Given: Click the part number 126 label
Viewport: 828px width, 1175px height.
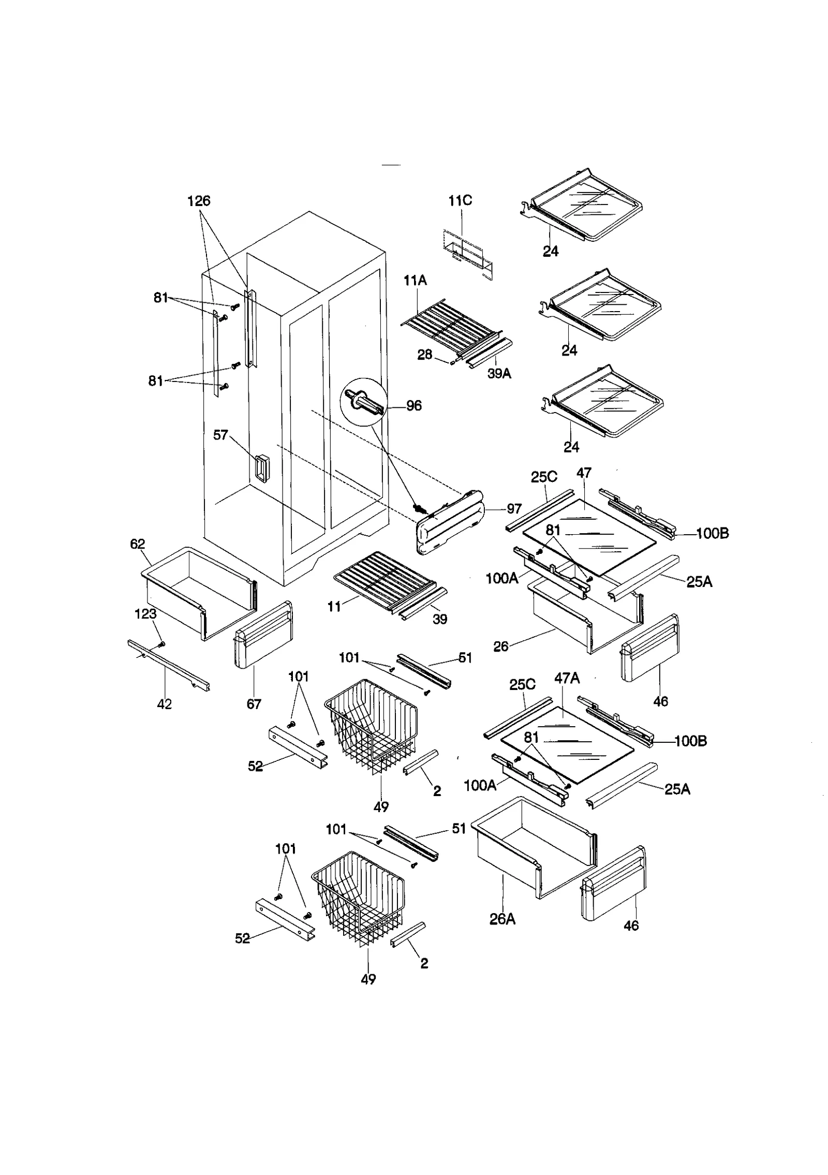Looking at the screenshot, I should [x=199, y=201].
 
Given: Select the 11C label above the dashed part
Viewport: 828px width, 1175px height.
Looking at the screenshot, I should [x=460, y=201].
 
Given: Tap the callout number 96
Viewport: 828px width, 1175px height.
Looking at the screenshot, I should [x=413, y=406].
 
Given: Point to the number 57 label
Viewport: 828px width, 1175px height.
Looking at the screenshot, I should [x=221, y=435].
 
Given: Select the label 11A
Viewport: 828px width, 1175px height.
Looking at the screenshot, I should [x=415, y=281].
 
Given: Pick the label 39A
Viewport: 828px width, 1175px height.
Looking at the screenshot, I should [x=499, y=374].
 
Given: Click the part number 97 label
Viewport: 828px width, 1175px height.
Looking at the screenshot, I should [x=514, y=509].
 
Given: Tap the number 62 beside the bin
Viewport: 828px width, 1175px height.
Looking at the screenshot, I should [x=138, y=544].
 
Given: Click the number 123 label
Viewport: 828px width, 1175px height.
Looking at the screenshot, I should [x=145, y=614].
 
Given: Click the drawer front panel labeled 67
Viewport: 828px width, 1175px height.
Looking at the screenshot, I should [x=264, y=636].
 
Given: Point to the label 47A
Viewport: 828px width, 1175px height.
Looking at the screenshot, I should [x=567, y=679].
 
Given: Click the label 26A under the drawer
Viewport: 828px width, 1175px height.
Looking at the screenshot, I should [x=502, y=919].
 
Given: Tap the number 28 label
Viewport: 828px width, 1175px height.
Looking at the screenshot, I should [x=425, y=356].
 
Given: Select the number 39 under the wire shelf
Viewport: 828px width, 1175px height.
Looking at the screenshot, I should [x=440, y=619].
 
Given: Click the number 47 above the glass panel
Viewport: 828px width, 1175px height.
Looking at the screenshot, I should [x=584, y=473].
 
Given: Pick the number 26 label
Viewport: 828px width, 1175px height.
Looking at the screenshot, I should [x=500, y=646].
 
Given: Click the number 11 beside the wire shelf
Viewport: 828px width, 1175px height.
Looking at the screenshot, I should [x=334, y=606].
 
